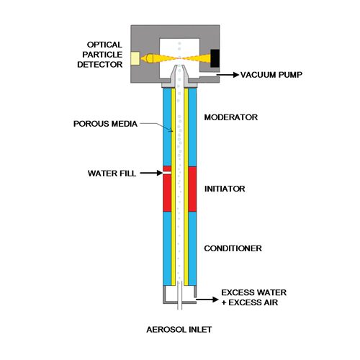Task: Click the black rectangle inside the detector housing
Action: pyautogui.click(x=215, y=58)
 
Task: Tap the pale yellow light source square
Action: pyautogui.click(x=135, y=58)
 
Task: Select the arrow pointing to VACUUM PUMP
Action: pyautogui.click(x=228, y=75)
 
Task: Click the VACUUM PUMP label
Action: pyautogui.click(x=271, y=75)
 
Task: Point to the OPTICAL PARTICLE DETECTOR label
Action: pyautogui.click(x=100, y=55)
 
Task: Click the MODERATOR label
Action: pyautogui.click(x=231, y=117)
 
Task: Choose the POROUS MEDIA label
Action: pyautogui.click(x=105, y=124)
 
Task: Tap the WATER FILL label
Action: pyautogui.click(x=112, y=174)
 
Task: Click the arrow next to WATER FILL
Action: pyautogui.click(x=152, y=173)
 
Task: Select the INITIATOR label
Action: pyautogui.click(x=225, y=189)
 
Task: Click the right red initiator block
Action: pyautogui.click(x=192, y=189)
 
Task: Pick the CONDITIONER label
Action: pyautogui.click(x=233, y=248)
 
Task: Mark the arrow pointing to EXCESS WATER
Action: pyautogui.click(x=207, y=300)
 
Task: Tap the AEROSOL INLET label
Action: pyautogui.click(x=179, y=330)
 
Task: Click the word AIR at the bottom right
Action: pyautogui.click(x=270, y=302)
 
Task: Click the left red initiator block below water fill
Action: pyautogui.click(x=167, y=193)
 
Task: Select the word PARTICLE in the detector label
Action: pyautogui.click(x=102, y=55)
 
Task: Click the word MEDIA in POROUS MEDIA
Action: pyautogui.click(x=124, y=124)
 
